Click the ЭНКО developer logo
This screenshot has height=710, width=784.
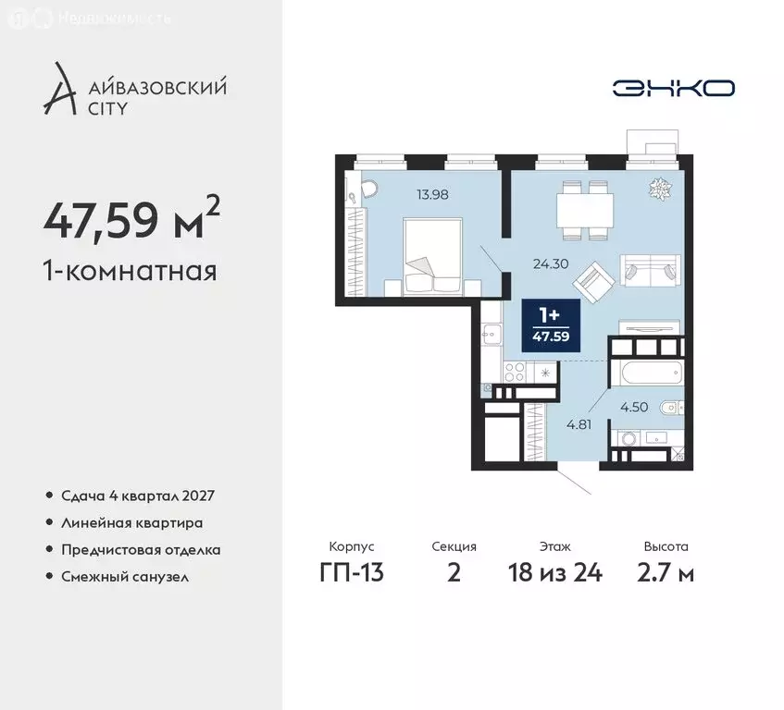(x=673, y=88)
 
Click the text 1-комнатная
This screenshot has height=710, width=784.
(x=131, y=271)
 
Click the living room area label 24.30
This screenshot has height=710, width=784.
(x=549, y=262)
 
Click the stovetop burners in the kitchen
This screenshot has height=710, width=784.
(x=514, y=373)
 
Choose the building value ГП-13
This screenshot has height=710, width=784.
(x=352, y=573)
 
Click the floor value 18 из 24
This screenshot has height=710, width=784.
(x=555, y=573)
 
